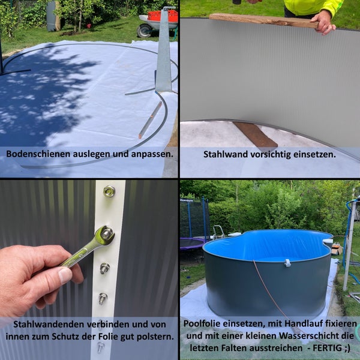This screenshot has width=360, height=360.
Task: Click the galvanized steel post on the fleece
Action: click(x=163, y=54)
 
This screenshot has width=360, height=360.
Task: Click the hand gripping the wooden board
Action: click(x=323, y=21)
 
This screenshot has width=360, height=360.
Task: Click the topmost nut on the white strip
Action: click(x=109, y=191)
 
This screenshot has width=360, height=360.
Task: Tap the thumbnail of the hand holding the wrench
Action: click(x=64, y=275)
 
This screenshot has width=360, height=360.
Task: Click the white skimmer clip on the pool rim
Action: click(x=287, y=263)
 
